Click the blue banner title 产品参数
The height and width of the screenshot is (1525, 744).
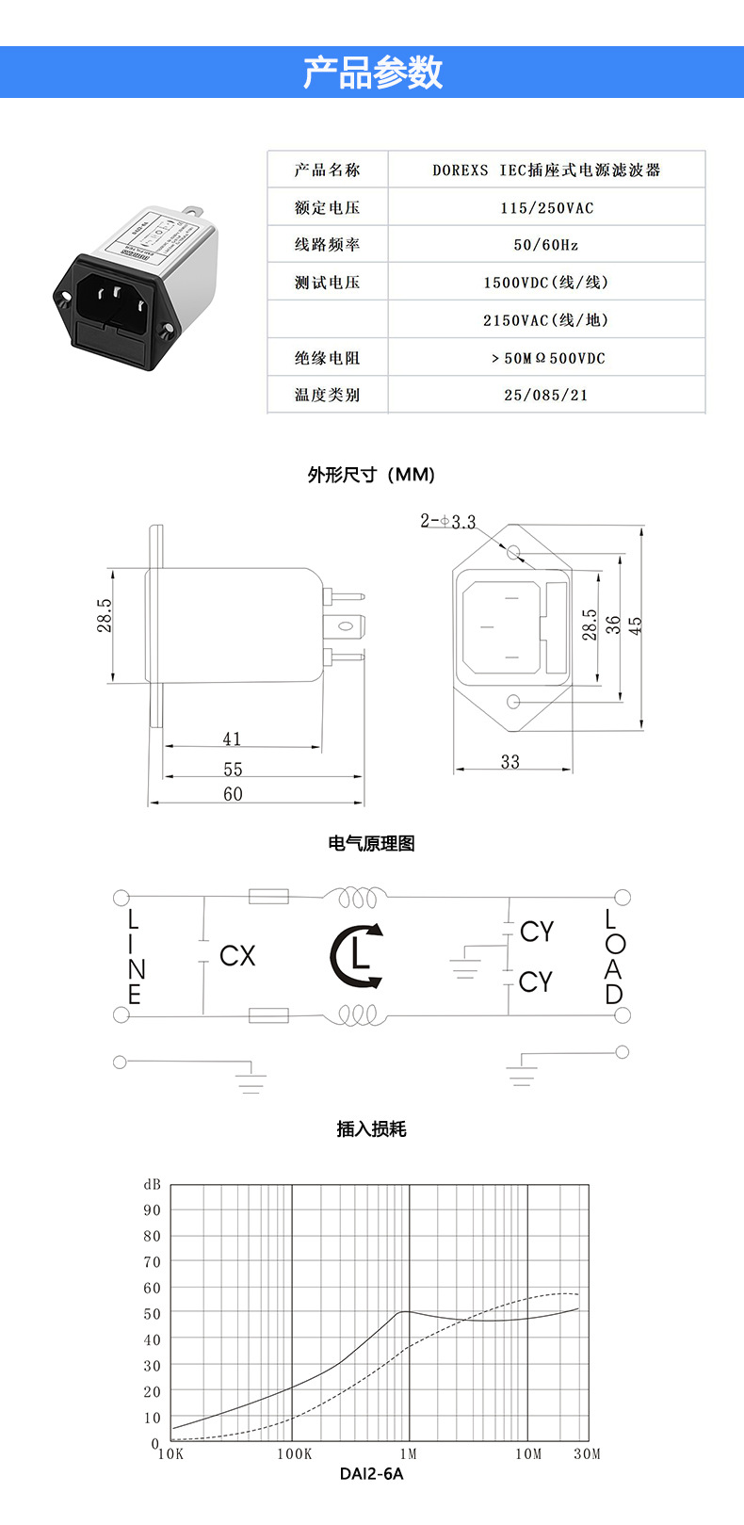pos(372,73)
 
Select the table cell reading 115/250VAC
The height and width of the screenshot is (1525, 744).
pos(546,208)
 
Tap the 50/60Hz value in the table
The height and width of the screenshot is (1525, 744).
pos(546,245)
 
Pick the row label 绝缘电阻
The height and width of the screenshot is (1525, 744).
pos(327,358)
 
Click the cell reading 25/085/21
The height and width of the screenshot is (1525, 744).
pos(546,396)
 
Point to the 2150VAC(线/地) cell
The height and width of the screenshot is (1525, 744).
pos(546,320)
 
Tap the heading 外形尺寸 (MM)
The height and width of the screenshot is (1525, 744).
pos(371,475)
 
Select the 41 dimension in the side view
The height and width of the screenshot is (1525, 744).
pos(232,739)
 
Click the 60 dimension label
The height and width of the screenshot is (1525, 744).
pos(233,794)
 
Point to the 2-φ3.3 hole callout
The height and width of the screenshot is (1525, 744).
pos(448,521)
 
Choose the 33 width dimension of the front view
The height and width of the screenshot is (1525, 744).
pos(510,762)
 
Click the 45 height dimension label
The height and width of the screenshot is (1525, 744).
pos(636,626)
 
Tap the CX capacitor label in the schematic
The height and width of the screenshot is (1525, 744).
pos(237,956)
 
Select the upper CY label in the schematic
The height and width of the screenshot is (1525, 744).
pos(537,932)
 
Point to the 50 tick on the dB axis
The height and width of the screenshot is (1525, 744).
pos(153,1314)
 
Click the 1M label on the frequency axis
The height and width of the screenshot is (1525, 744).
pos(408,1454)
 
